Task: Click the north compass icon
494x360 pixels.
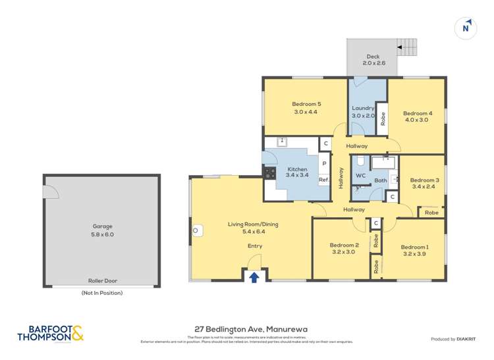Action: [466, 28]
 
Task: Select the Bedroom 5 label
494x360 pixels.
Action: [306, 104]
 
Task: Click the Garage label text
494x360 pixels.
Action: [101, 226]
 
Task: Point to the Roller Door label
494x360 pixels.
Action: [101, 280]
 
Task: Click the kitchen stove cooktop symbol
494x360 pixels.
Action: [269, 173]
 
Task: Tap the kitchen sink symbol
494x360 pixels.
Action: [281, 141]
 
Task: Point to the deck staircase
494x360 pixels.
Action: [406, 47]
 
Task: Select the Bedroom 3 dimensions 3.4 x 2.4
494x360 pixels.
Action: [424, 187]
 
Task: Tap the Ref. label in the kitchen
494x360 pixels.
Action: [323, 180]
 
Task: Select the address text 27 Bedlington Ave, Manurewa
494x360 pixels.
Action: [251, 328]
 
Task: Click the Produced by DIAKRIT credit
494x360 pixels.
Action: [453, 339]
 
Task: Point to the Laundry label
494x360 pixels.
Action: [363, 108]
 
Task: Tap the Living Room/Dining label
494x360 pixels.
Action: [253, 224]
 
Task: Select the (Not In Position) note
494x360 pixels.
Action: [101, 293]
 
